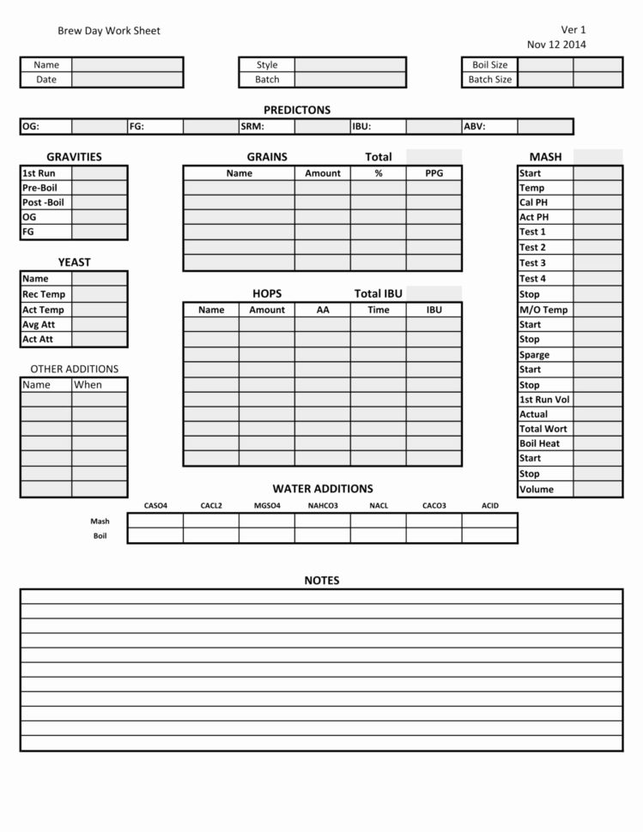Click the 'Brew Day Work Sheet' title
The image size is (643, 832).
pyautogui.click(x=109, y=31)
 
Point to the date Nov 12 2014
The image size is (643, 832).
pyautogui.click(x=556, y=45)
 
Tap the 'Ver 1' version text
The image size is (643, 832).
pyautogui.click(x=573, y=30)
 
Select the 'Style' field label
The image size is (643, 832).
pyautogui.click(x=267, y=64)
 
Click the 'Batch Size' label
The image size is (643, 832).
pyautogui.click(x=489, y=80)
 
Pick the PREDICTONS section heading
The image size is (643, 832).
pyautogui.click(x=296, y=110)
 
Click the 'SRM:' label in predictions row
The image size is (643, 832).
pyautogui.click(x=252, y=126)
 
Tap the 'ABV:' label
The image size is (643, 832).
pyautogui.click(x=475, y=126)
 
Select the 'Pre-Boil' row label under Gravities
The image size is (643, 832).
pyautogui.click(x=40, y=188)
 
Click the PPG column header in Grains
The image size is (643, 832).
pyautogui.click(x=434, y=173)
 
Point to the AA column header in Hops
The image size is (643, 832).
pyautogui.click(x=323, y=310)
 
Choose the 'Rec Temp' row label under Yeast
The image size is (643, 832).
pyautogui.click(x=44, y=294)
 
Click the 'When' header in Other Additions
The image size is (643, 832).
pyautogui.click(x=88, y=385)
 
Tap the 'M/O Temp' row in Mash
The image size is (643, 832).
pyautogui.click(x=543, y=310)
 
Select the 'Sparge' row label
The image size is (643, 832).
pyautogui.click(x=534, y=355)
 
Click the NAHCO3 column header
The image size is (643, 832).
pyautogui.click(x=323, y=506)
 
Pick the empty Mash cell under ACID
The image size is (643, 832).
pyautogui.click(x=489, y=521)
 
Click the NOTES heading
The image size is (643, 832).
pyautogui.click(x=322, y=581)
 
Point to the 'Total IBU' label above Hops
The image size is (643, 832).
pyautogui.click(x=379, y=293)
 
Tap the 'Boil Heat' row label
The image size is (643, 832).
pyautogui.click(x=539, y=443)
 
